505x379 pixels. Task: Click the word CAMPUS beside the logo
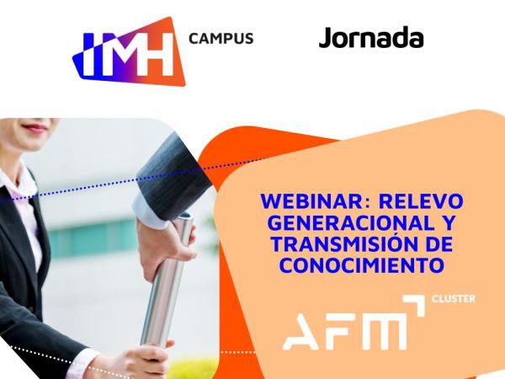221,39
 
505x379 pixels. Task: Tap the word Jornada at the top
371,38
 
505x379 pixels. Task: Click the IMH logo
129,51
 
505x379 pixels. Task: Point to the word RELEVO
421,201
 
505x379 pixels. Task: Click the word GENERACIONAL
351,222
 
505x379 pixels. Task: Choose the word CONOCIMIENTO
362,265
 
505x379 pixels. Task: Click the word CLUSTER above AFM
453,299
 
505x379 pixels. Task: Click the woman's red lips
35,129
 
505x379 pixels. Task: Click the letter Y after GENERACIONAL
448,222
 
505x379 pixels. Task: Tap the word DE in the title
441,244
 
